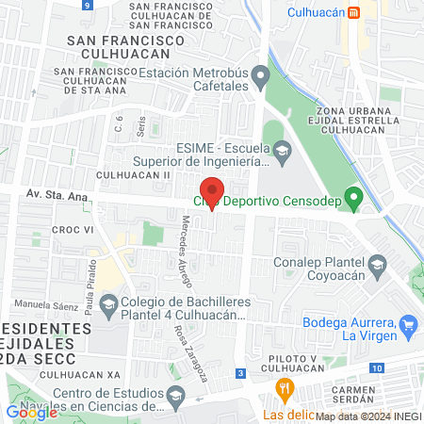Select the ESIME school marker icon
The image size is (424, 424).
(282, 150)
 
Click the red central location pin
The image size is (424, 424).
(213, 193)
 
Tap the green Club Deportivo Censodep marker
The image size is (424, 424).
(353, 199)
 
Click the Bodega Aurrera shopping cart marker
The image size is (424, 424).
(408, 326)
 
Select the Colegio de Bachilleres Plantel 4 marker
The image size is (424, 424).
(108, 304)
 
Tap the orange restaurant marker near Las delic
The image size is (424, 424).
(282, 388)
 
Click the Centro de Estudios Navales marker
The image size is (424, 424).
(174, 400)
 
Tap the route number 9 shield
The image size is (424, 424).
(87, 5)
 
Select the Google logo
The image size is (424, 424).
(32, 412)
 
